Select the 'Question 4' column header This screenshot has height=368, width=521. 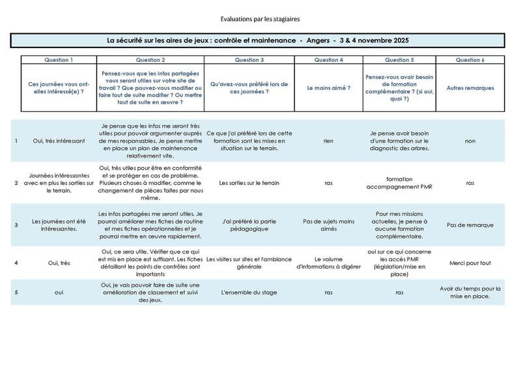click(x=329, y=60)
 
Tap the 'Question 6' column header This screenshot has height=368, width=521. click(x=470, y=60)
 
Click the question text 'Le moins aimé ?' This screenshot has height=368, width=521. click(x=329, y=87)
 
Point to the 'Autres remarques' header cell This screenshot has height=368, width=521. click(x=470, y=87)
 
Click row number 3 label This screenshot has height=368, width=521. click(x=16, y=225)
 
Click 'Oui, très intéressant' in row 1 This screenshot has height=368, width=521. click(x=58, y=140)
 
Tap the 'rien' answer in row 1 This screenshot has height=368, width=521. click(x=329, y=140)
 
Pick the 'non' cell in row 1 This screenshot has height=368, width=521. click(x=470, y=140)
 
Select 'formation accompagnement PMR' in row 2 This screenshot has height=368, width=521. click(x=399, y=183)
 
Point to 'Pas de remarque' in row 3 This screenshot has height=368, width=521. click(x=470, y=225)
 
